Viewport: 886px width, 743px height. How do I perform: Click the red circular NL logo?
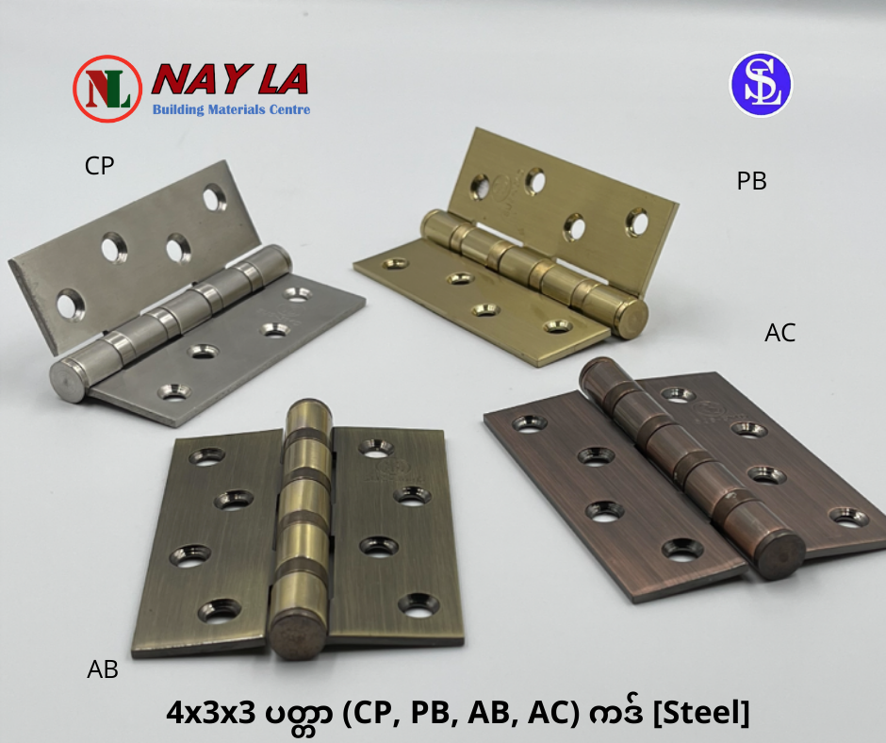(107, 89)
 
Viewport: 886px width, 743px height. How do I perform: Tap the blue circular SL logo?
(762, 84)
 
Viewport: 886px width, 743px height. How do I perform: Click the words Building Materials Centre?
(231, 109)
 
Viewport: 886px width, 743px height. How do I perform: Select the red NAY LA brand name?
(230, 78)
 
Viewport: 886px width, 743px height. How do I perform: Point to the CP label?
(100, 166)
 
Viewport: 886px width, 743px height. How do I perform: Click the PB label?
(751, 181)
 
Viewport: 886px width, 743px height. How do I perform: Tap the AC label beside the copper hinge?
(779, 333)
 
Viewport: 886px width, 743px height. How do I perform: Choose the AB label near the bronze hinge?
(103, 669)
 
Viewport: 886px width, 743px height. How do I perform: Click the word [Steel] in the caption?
(701, 713)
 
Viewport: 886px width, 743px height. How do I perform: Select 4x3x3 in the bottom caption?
(211, 714)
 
